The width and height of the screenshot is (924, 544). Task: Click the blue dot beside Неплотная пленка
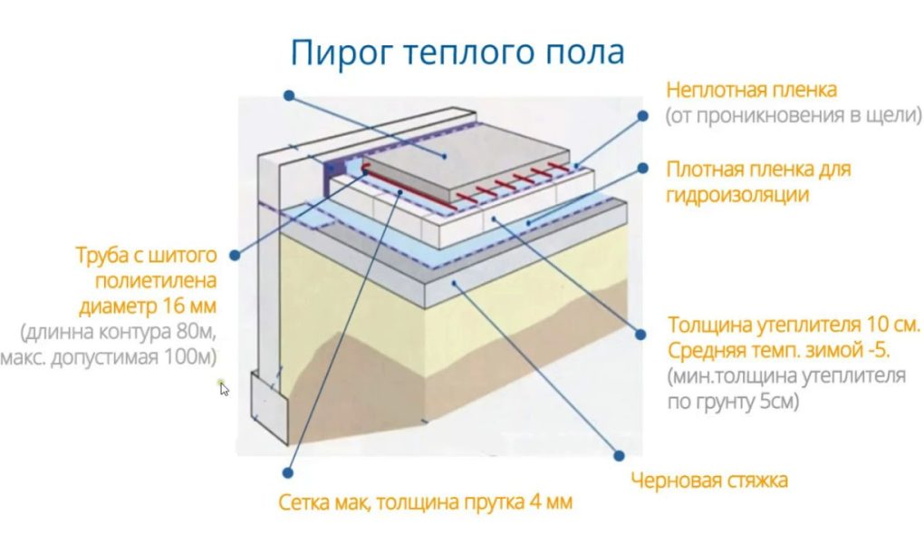[642, 116]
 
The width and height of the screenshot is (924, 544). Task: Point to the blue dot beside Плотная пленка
[642, 168]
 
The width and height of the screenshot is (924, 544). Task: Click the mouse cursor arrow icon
[224, 388]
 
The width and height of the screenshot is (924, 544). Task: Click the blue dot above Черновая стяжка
[621, 455]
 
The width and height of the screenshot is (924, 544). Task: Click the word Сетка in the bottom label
[304, 501]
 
